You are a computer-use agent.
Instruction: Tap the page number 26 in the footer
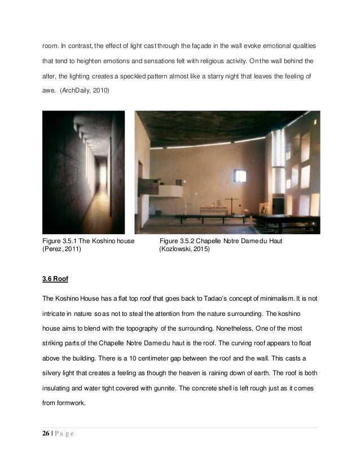[47, 433]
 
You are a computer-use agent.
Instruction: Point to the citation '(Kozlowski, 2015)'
[185, 249]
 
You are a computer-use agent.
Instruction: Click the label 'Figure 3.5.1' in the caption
[62, 241]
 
